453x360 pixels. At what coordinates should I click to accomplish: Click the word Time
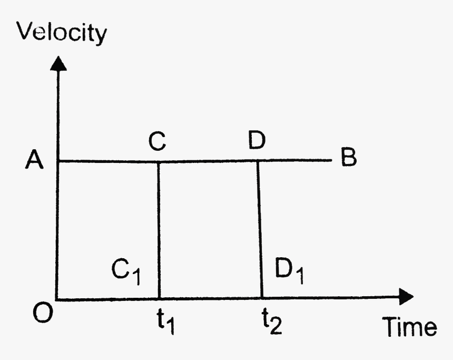click(409, 327)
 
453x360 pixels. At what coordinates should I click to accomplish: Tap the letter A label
click(34, 160)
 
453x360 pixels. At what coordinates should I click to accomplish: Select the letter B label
click(349, 157)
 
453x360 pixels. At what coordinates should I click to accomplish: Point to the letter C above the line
click(157, 141)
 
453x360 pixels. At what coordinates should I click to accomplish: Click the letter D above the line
click(257, 140)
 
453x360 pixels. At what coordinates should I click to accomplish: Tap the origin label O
click(43, 313)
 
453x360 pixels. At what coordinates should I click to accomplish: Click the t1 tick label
click(165, 321)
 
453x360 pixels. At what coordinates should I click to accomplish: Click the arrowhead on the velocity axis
click(58, 63)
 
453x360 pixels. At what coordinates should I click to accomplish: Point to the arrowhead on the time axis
click(406, 296)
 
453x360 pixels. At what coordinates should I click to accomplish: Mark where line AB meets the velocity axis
click(58, 161)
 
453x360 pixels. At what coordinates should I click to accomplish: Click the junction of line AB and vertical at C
click(158, 162)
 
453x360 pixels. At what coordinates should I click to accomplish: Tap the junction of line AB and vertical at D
click(258, 161)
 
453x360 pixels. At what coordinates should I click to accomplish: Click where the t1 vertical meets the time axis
click(159, 298)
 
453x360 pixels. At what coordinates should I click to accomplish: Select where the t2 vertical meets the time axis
click(262, 298)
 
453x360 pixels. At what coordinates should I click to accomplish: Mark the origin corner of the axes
click(57, 299)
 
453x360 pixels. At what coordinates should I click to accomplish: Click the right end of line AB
click(332, 160)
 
